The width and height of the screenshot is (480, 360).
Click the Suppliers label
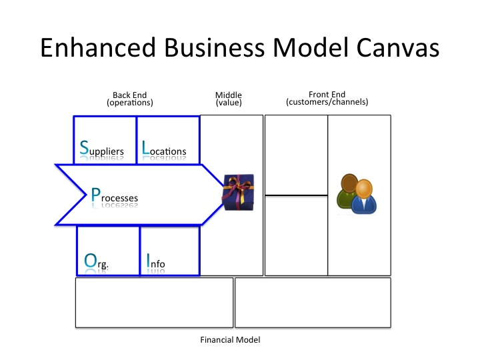(102, 150)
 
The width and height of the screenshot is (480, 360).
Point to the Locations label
(164, 150)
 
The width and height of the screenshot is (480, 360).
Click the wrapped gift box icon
(238, 193)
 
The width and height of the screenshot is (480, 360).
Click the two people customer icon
(357, 194)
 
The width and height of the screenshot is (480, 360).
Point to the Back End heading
(130, 95)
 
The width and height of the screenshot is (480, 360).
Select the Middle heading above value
(229, 95)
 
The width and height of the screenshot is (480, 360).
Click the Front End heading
(327, 95)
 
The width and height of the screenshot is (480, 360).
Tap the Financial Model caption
(230, 340)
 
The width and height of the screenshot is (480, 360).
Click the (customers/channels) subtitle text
(327, 103)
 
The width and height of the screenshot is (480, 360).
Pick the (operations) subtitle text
(130, 103)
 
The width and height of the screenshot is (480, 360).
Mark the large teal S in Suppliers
(83, 148)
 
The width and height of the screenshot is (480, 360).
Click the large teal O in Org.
(90, 261)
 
